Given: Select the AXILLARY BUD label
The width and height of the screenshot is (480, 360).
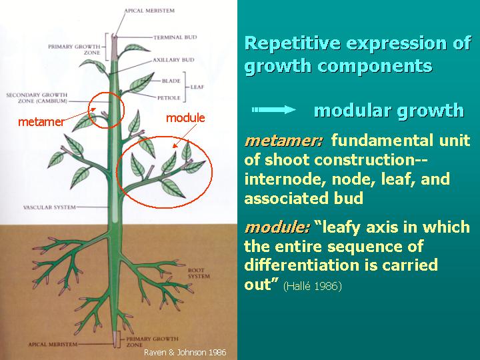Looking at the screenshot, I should click(173, 59).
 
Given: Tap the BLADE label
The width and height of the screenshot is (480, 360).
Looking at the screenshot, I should click(171, 81).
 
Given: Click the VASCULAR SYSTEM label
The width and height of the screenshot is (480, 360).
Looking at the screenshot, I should click(47, 207).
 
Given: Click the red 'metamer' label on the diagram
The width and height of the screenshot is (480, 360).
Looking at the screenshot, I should click(41, 121).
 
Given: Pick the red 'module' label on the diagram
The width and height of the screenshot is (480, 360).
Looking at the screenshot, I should click(185, 118).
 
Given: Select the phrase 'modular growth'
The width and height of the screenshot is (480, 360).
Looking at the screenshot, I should click(389, 111).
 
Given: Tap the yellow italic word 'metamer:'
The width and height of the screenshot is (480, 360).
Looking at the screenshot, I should click(284, 141).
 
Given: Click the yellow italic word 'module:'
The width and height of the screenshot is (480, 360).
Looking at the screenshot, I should click(277, 227).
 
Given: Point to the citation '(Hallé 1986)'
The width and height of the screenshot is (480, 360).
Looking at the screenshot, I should click(312, 286).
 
